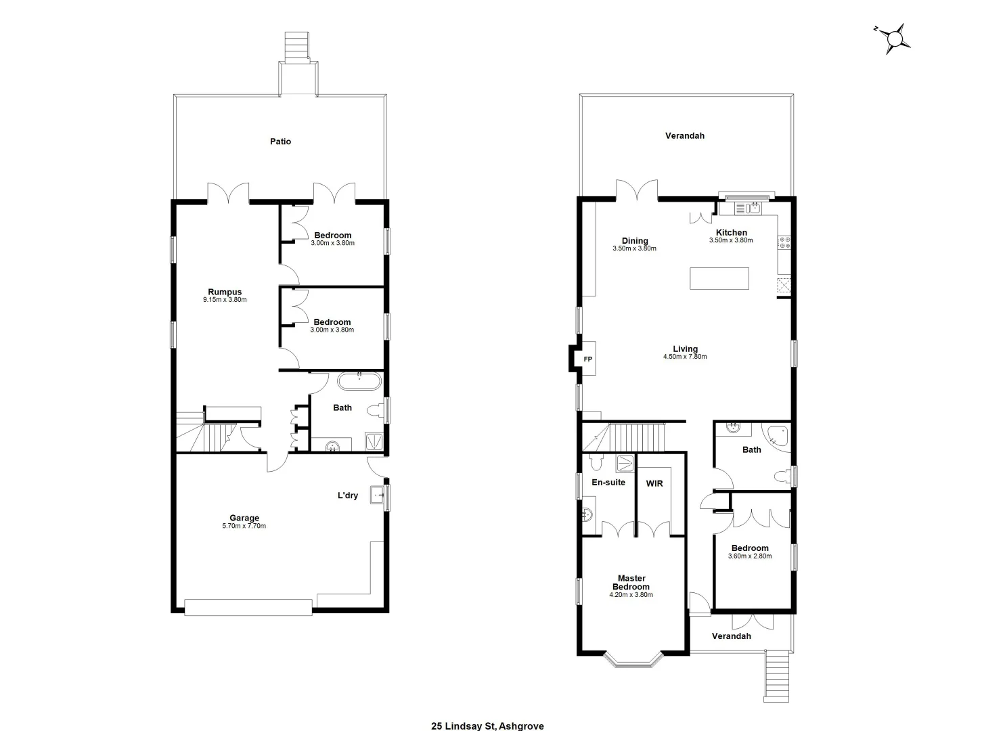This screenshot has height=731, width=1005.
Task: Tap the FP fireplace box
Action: [587, 359]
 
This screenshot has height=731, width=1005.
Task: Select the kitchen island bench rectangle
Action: [719, 278]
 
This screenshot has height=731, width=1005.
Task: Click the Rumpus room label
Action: [225, 292]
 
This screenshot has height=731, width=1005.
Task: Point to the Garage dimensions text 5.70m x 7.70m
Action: [244, 526]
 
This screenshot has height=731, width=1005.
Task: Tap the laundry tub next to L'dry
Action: [378, 495]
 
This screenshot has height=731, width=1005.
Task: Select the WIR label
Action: [654, 484]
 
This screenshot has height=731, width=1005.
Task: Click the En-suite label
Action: [608, 483]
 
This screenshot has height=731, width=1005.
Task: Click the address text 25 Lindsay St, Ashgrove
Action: [487, 726]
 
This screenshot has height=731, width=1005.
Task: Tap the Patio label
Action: [280, 141]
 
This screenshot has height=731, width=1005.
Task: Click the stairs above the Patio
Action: [296, 47]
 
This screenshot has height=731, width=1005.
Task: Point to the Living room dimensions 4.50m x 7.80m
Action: [685, 357]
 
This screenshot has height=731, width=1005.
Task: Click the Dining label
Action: [635, 240]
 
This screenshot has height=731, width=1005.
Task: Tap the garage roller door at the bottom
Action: [248, 607]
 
